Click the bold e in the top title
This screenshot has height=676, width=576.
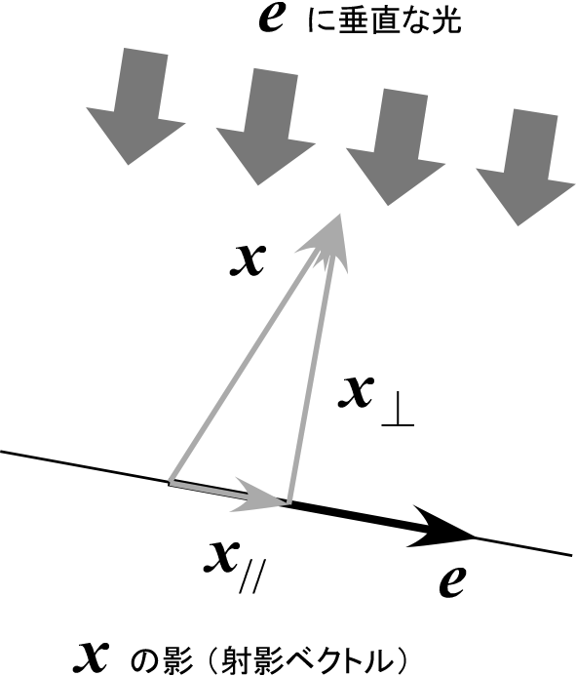pyautogui.click(x=271, y=19)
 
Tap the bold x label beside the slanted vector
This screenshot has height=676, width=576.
pyautogui.click(x=248, y=260)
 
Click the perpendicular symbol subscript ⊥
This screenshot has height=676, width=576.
pyautogui.click(x=398, y=415)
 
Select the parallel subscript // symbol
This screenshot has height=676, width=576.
pyautogui.click(x=250, y=576)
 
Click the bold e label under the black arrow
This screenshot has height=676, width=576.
pyautogui.click(x=451, y=582)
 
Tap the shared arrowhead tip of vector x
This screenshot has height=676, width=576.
pyautogui.click(x=341, y=215)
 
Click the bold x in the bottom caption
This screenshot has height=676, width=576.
pyautogui.click(x=91, y=657)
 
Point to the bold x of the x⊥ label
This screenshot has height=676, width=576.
pyautogui.click(x=355, y=393)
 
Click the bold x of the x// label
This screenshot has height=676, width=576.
pyautogui.click(x=221, y=557)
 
